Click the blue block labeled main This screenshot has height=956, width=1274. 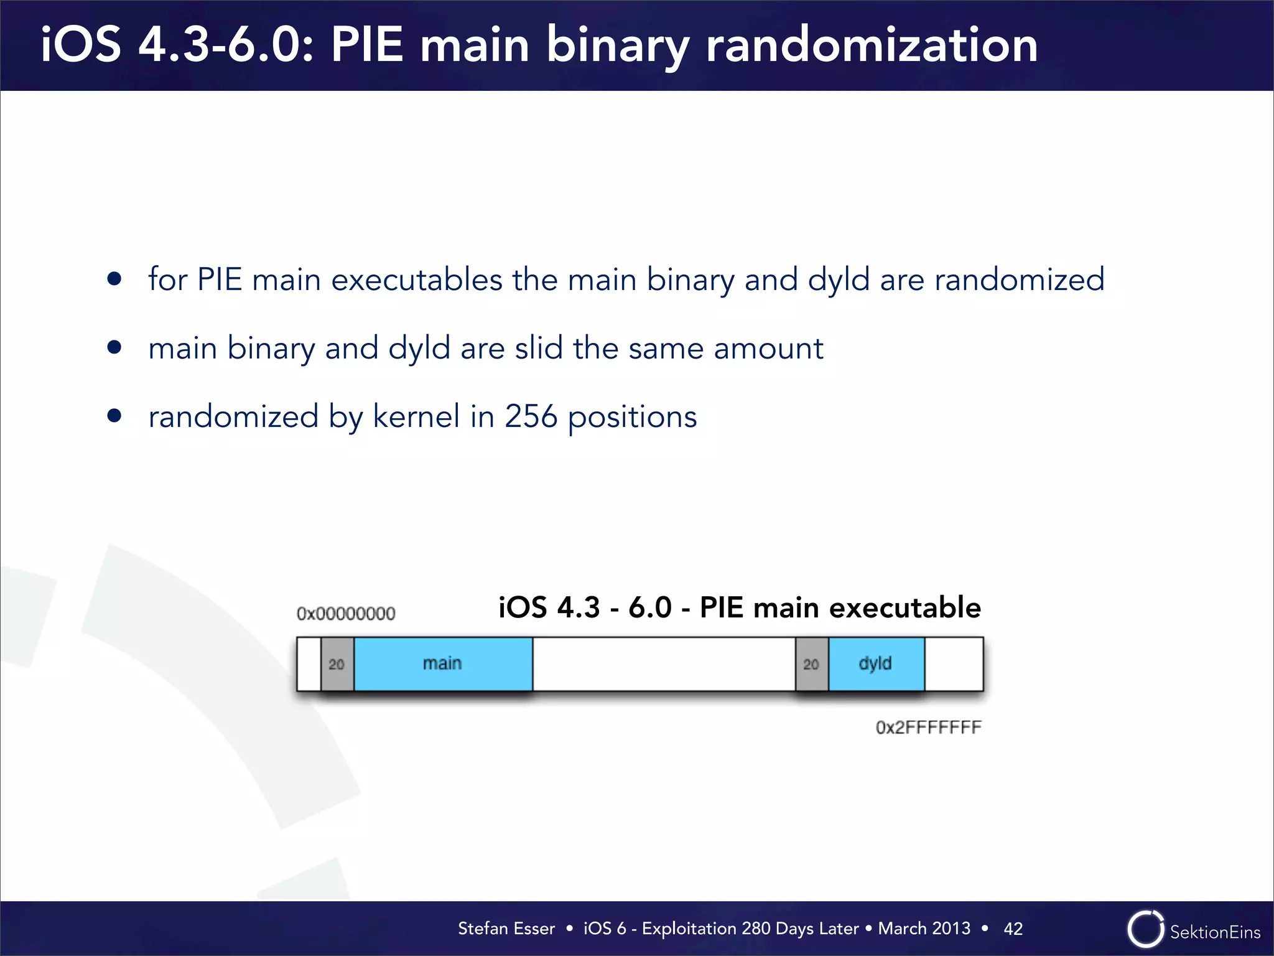click(x=443, y=663)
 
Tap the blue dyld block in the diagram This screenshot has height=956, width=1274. click(x=876, y=663)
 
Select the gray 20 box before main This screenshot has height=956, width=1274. click(x=337, y=664)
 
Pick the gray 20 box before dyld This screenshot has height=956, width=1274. click(x=811, y=664)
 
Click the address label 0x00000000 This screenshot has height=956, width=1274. click(x=346, y=614)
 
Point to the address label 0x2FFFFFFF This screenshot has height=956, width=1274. click(x=928, y=727)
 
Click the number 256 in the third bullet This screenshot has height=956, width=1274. click(x=531, y=416)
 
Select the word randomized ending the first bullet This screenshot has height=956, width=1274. click(x=1020, y=279)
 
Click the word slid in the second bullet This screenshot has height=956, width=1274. click(x=539, y=347)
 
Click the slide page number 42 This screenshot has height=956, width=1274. click(x=1013, y=929)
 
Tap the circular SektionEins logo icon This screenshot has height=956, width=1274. click(x=1145, y=929)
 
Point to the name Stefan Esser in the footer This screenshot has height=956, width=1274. click(x=506, y=929)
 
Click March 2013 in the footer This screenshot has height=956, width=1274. click(x=924, y=929)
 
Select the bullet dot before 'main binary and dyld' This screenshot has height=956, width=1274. click(x=114, y=347)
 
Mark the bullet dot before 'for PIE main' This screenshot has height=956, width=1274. click(x=114, y=279)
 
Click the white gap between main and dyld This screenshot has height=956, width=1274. click(x=664, y=663)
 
